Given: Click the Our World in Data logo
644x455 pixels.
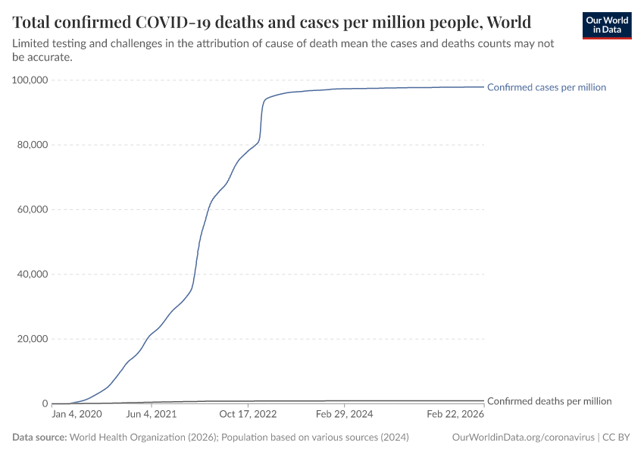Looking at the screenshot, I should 606,25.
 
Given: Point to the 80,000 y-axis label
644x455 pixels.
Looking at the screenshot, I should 33,145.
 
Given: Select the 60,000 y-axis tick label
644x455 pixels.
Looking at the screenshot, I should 33,209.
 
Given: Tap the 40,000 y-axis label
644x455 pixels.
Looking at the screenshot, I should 33,275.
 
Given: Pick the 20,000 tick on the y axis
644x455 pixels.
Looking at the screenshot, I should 33,339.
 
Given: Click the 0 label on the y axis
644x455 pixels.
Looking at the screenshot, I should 45,403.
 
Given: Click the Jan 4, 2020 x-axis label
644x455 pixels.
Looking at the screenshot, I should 77,415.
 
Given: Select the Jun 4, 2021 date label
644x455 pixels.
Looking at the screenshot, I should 151,415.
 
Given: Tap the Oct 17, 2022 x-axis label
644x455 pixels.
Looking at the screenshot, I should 248,415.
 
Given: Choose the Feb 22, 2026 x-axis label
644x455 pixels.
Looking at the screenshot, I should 455,415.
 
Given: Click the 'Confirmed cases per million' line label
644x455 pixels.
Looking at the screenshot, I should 546,87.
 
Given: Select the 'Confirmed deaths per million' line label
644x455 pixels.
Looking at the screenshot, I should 549,401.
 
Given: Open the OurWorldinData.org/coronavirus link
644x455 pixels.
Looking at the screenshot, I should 522,438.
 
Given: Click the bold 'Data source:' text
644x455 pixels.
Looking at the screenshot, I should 39,438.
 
